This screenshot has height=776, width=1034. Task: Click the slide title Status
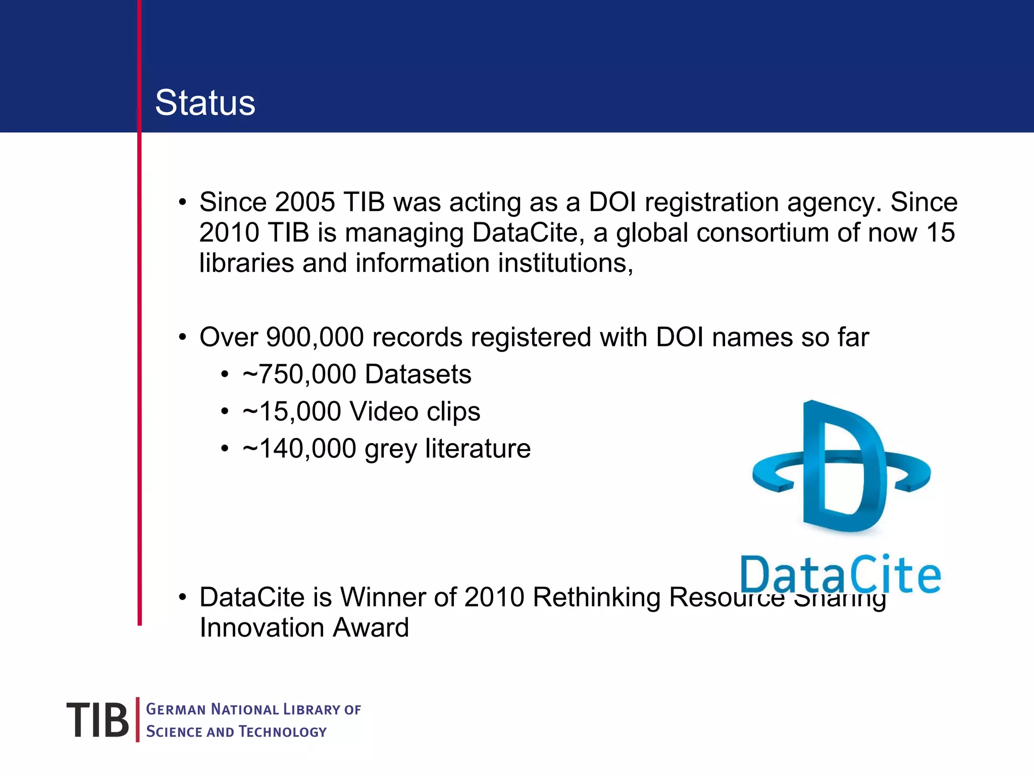(x=205, y=103)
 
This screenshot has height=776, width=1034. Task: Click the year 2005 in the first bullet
(x=305, y=202)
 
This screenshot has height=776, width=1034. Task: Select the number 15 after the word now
(x=940, y=233)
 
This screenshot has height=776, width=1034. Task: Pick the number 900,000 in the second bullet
(x=315, y=337)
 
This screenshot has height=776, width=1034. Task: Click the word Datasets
(x=418, y=374)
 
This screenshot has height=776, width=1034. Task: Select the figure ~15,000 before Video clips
(x=292, y=411)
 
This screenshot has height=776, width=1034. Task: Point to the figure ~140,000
(x=299, y=449)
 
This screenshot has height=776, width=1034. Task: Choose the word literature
(x=478, y=449)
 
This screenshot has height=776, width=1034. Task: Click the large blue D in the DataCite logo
(x=843, y=467)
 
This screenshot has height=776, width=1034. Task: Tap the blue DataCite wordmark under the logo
(x=840, y=575)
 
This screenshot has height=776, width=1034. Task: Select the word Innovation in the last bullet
(x=262, y=628)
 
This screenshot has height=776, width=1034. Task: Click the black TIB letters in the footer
(x=97, y=720)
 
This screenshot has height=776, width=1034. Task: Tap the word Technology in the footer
(x=283, y=732)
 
